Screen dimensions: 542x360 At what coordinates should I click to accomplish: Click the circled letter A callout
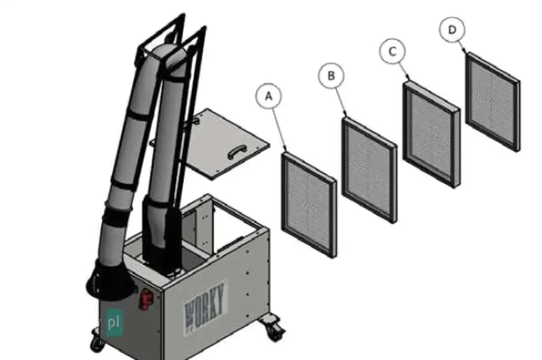[269, 96]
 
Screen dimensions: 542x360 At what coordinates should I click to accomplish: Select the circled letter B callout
[331, 76]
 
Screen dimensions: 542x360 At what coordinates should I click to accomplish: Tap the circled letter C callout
[392, 52]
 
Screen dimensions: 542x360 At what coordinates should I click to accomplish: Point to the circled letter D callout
[452, 30]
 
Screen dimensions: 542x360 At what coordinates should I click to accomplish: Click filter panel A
[308, 205]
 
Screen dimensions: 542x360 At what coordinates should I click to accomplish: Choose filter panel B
[369, 170]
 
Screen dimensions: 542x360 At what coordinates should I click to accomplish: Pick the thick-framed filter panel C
[431, 135]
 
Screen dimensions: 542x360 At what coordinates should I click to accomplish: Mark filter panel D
[493, 101]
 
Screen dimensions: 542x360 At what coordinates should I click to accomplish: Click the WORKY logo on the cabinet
[205, 308]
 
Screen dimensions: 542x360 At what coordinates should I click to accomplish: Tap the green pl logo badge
[114, 323]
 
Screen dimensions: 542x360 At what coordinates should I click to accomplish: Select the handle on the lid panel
[237, 152]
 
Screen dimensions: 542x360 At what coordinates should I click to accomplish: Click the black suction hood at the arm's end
[109, 280]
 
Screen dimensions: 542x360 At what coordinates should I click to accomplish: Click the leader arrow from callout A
[280, 130]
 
